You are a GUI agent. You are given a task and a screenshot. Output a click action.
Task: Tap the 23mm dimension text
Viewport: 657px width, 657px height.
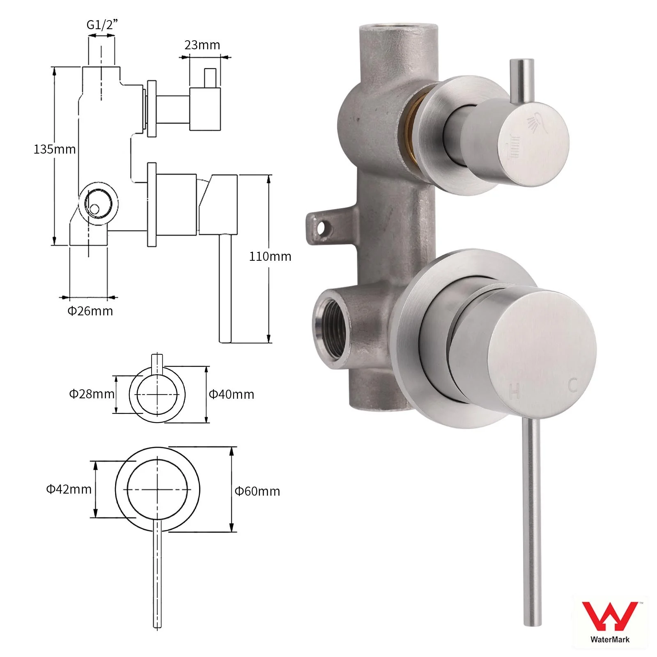coord(202,45)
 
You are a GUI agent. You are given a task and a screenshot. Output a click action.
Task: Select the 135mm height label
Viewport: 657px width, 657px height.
coord(55,149)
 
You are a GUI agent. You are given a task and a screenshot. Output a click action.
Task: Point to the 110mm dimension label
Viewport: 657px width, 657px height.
coord(270,256)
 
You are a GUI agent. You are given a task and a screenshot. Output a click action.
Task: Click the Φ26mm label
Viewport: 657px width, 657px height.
coord(90,311)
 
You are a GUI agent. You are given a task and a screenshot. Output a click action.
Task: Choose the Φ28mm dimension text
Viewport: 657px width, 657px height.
coord(92,394)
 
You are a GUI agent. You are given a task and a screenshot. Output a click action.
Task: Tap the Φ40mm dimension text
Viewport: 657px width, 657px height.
coord(232,394)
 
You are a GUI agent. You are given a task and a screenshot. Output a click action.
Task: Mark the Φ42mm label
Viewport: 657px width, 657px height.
coord(69,489)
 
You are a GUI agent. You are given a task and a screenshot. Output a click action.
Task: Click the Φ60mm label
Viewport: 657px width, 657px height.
coord(257,491)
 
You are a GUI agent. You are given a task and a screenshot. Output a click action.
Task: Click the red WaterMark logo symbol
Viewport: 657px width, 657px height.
coord(610,617)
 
